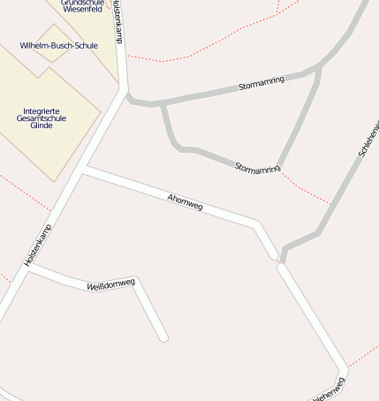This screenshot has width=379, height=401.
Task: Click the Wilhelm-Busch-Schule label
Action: coord(58,45)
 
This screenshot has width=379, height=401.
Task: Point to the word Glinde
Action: coord(42,125)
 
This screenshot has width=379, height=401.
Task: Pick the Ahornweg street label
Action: coord(185,201)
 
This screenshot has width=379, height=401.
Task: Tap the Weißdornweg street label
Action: coord(110,284)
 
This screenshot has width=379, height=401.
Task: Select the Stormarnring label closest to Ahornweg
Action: coord(258,167)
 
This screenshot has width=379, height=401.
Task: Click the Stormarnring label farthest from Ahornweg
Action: coord(262,85)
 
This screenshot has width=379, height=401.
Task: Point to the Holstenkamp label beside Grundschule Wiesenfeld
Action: coord(119,21)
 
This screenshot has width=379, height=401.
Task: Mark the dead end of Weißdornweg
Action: coord(163,337)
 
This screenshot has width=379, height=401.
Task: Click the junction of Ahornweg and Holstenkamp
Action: coord(84,168)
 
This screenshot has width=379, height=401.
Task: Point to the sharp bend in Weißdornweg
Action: coord(135,281)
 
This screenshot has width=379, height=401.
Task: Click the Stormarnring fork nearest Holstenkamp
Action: coord(163,104)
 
